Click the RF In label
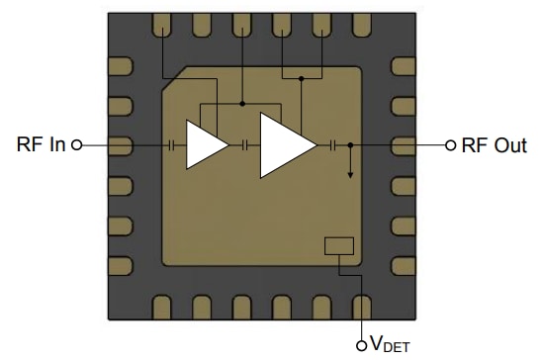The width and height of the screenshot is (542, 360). click(41, 145)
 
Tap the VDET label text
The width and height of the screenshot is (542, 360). click(390, 343)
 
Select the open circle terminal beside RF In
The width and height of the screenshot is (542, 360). click(78, 145)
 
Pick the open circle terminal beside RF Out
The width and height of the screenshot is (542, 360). click(452, 145)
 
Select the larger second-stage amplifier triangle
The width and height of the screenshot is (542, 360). click(283, 145)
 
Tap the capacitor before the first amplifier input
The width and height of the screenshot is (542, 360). click(173, 145)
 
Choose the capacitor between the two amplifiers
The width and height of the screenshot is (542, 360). click(242, 145)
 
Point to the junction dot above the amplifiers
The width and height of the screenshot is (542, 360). click(242, 103)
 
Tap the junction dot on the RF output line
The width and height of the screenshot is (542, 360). click(350, 145)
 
